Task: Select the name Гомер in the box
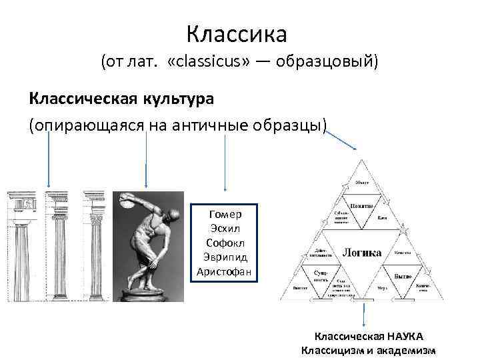tap(225, 214)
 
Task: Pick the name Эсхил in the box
tap(225, 229)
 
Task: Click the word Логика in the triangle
tap(362, 253)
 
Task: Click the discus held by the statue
tap(127, 203)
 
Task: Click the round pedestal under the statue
tap(149, 295)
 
